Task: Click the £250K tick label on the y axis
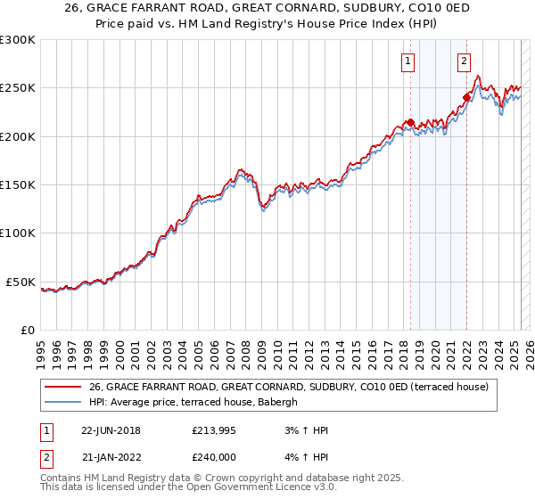(x=18, y=88)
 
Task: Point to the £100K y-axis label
(x=18, y=233)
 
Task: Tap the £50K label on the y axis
(x=21, y=282)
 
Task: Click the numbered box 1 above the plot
(x=407, y=61)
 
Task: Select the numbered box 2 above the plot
(x=465, y=61)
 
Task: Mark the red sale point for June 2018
(x=410, y=123)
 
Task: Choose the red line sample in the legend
(x=62, y=388)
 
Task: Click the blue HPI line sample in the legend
(x=62, y=403)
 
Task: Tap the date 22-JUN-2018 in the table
(x=111, y=431)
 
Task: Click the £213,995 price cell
(x=215, y=431)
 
